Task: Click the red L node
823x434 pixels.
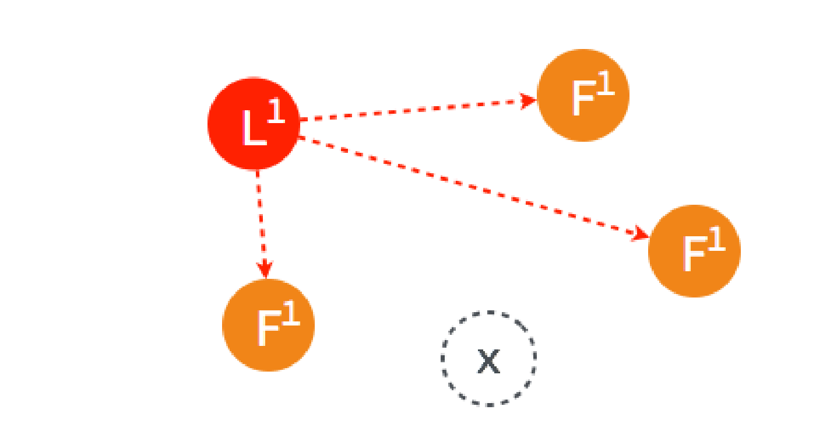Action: pyautogui.click(x=254, y=124)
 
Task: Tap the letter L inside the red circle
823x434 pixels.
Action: pyautogui.click(x=252, y=129)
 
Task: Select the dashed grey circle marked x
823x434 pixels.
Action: pyautogui.click(x=488, y=358)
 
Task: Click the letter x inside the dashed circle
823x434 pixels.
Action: pyautogui.click(x=488, y=362)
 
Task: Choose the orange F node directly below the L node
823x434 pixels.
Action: pyautogui.click(x=268, y=325)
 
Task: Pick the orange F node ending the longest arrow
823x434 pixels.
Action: pyautogui.click(x=694, y=251)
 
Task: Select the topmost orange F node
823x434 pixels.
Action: pyautogui.click(x=583, y=95)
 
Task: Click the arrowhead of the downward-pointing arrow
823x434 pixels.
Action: pyautogui.click(x=265, y=269)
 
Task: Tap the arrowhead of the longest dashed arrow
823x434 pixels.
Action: pyautogui.click(x=641, y=235)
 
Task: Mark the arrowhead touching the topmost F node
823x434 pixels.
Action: pyautogui.click(x=529, y=100)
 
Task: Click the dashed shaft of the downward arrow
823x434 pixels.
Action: pyautogui.click(x=261, y=216)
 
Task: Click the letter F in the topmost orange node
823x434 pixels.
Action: pyautogui.click(x=583, y=99)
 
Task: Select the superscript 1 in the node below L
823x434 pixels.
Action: pyautogui.click(x=291, y=315)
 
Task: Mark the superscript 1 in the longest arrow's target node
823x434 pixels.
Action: pyautogui.click(x=716, y=240)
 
